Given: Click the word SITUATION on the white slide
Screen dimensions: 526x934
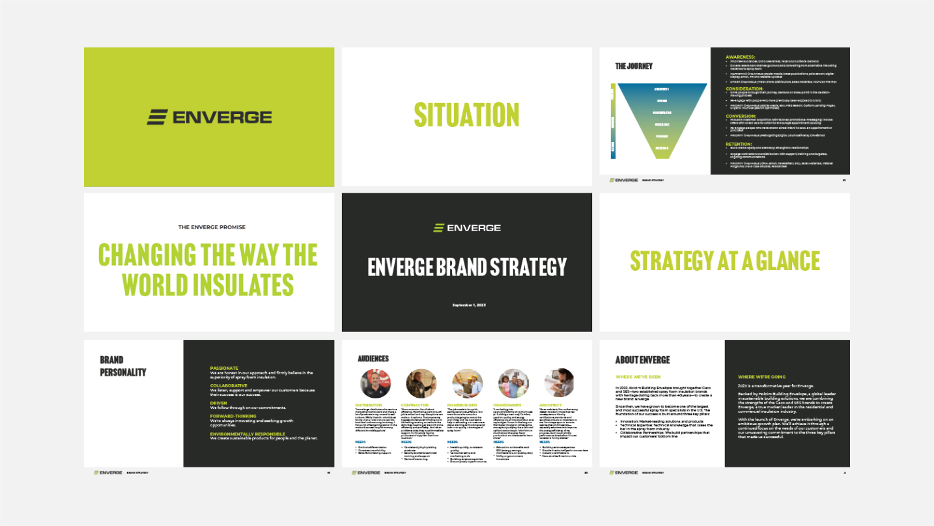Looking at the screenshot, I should tap(466, 115).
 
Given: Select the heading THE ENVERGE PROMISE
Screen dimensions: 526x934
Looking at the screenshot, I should tap(212, 227).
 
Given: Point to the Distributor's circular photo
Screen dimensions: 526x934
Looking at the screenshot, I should tap(376, 384).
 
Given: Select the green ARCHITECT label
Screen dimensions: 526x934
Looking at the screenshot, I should tap(551, 405).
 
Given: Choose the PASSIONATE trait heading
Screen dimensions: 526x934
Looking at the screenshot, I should tap(224, 368).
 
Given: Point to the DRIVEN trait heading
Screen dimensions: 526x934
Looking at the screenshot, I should tap(219, 402).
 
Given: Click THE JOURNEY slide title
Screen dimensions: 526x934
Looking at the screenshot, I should tap(634, 66).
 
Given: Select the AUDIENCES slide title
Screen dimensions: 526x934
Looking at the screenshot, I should tap(373, 359).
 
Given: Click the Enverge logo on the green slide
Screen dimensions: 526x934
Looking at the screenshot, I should tap(209, 117).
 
